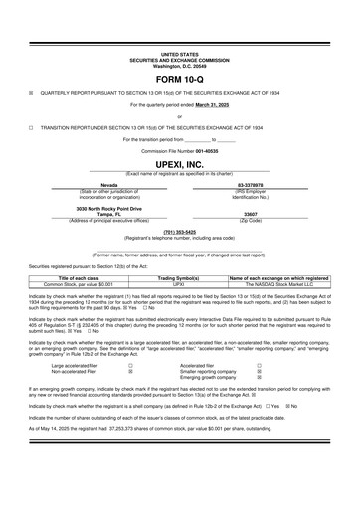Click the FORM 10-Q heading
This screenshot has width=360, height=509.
179,77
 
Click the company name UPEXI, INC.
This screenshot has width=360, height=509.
179,163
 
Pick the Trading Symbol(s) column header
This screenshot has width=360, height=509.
180,278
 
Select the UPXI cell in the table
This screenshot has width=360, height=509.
180,284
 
